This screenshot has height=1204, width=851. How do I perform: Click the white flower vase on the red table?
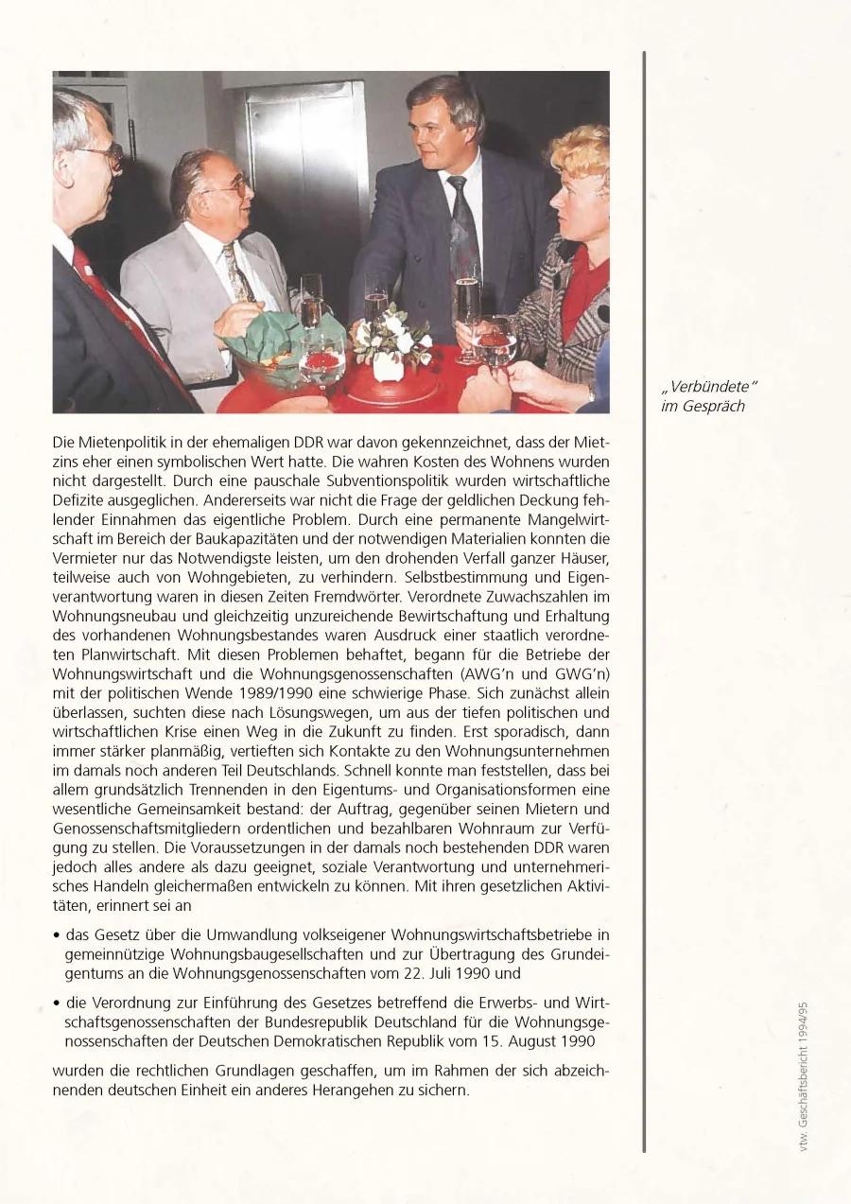[388, 365]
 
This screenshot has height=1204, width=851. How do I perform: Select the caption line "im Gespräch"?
[702, 407]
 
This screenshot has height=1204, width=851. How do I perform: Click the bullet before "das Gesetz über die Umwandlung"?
[58, 935]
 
